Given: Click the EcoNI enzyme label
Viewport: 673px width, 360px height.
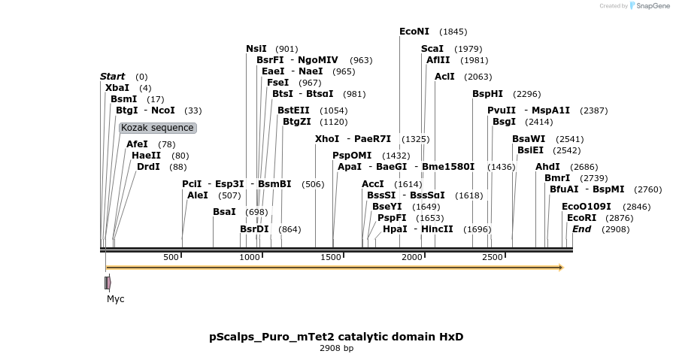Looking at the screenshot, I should coord(414,32).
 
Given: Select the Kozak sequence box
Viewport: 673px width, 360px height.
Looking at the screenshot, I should coord(158,128).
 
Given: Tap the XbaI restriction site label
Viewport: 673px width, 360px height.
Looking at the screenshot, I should coord(117,88).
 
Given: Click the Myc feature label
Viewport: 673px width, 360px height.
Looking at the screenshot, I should coord(115,299).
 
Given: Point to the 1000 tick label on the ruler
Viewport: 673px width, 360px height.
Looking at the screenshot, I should coord(250,258).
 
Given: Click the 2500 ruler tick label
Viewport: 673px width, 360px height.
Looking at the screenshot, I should coord(492,258).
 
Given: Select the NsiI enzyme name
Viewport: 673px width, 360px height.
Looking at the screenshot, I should coord(256,49).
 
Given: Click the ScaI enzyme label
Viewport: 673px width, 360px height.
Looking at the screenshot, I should coord(432,49).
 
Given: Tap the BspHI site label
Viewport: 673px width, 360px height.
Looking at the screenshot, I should coord(487,94).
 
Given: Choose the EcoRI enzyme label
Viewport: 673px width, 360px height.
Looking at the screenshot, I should coord(581,218).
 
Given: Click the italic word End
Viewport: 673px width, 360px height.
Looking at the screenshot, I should coord(581,228).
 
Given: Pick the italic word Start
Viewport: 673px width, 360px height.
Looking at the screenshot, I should coord(113,77).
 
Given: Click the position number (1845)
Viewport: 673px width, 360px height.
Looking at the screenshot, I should coord(453,32).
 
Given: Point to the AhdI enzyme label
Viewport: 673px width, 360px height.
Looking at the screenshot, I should coord(547,167).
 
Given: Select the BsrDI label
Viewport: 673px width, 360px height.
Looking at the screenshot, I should coord(254,228).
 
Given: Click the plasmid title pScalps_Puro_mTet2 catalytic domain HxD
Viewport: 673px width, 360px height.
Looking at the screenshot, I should coord(336,337).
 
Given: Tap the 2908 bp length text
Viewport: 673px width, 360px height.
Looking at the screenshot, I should coord(336,348).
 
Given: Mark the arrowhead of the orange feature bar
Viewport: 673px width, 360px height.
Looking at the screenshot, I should coord(560,268).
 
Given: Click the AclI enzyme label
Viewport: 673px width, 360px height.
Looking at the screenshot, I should coord(444,77).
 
